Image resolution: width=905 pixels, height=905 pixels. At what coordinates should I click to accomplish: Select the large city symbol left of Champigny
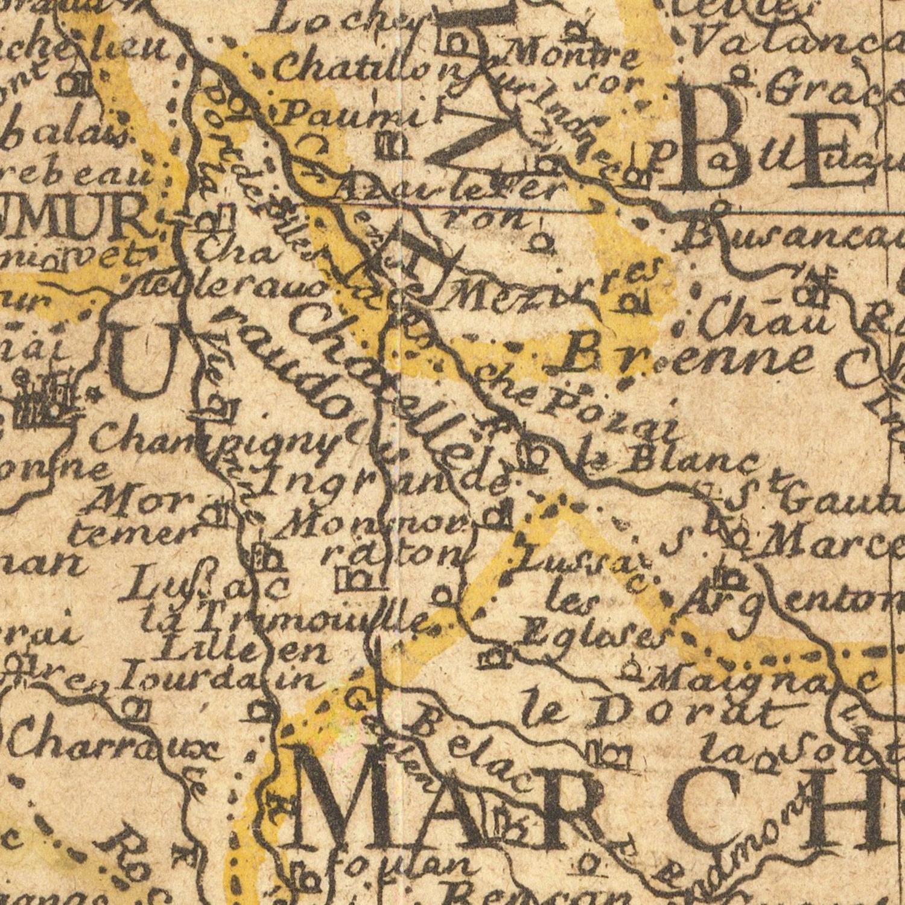pyautogui.click(x=45, y=401)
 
